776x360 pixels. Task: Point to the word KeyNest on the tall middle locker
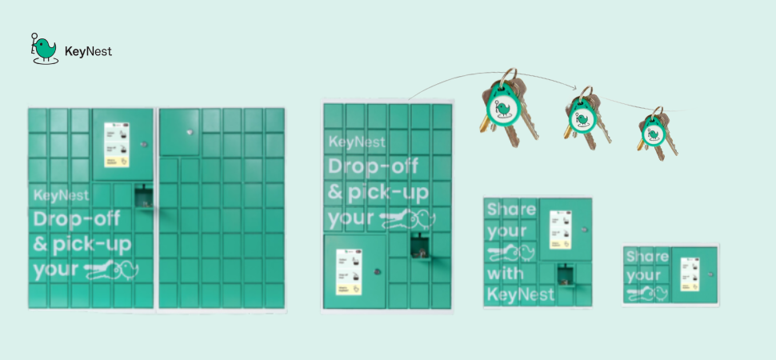tap(357, 142)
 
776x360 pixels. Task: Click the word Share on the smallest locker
tap(646, 258)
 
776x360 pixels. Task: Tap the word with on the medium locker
tap(506, 274)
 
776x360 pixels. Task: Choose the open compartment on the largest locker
tap(144, 196)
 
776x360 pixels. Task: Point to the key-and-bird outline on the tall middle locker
tap(408, 218)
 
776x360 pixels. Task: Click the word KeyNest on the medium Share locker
tap(519, 294)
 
